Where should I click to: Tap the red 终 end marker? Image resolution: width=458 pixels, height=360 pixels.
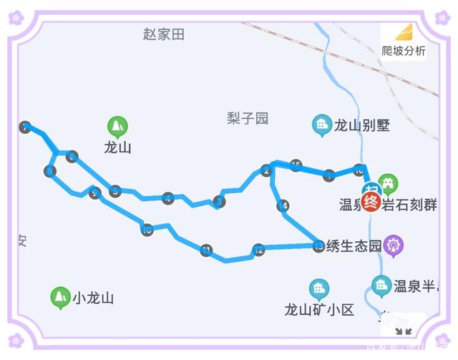(x=371, y=202)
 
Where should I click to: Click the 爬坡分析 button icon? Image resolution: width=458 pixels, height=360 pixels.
(x=404, y=33)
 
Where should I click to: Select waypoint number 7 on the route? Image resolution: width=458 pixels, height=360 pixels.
(x=26, y=127)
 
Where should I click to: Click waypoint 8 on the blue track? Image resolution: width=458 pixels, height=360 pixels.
(x=49, y=171)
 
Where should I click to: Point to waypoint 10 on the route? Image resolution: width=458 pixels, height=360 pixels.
(x=147, y=230)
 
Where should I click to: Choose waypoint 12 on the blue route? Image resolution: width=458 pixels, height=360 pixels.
(x=258, y=250)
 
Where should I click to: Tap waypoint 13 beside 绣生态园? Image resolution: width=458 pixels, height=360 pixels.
(x=318, y=245)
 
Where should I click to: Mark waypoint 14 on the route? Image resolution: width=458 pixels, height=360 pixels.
(x=283, y=206)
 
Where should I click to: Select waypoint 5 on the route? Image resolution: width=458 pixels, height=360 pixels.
(x=115, y=191)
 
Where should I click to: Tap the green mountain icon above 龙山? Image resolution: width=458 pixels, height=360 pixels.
(x=117, y=127)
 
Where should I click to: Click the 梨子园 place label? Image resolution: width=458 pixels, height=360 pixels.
(x=248, y=118)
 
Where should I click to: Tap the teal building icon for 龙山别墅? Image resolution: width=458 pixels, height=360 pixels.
(x=322, y=125)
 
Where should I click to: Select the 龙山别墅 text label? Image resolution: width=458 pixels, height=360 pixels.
(x=363, y=126)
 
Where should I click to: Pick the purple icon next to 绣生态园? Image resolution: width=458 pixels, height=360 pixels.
(x=394, y=245)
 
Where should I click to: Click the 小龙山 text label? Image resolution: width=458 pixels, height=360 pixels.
(x=93, y=298)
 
